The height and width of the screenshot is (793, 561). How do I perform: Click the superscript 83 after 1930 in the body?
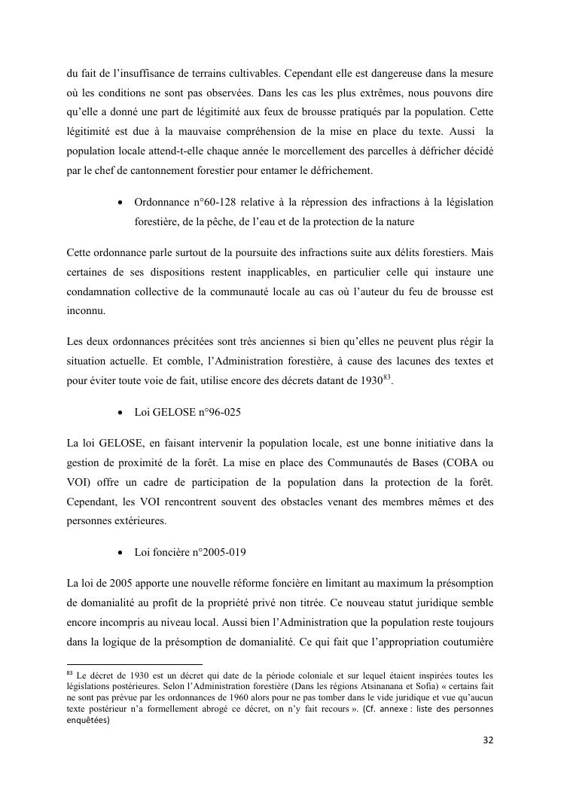387,377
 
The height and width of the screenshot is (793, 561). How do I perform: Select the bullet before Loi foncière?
120,552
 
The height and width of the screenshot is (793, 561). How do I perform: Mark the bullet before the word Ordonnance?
120,203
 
